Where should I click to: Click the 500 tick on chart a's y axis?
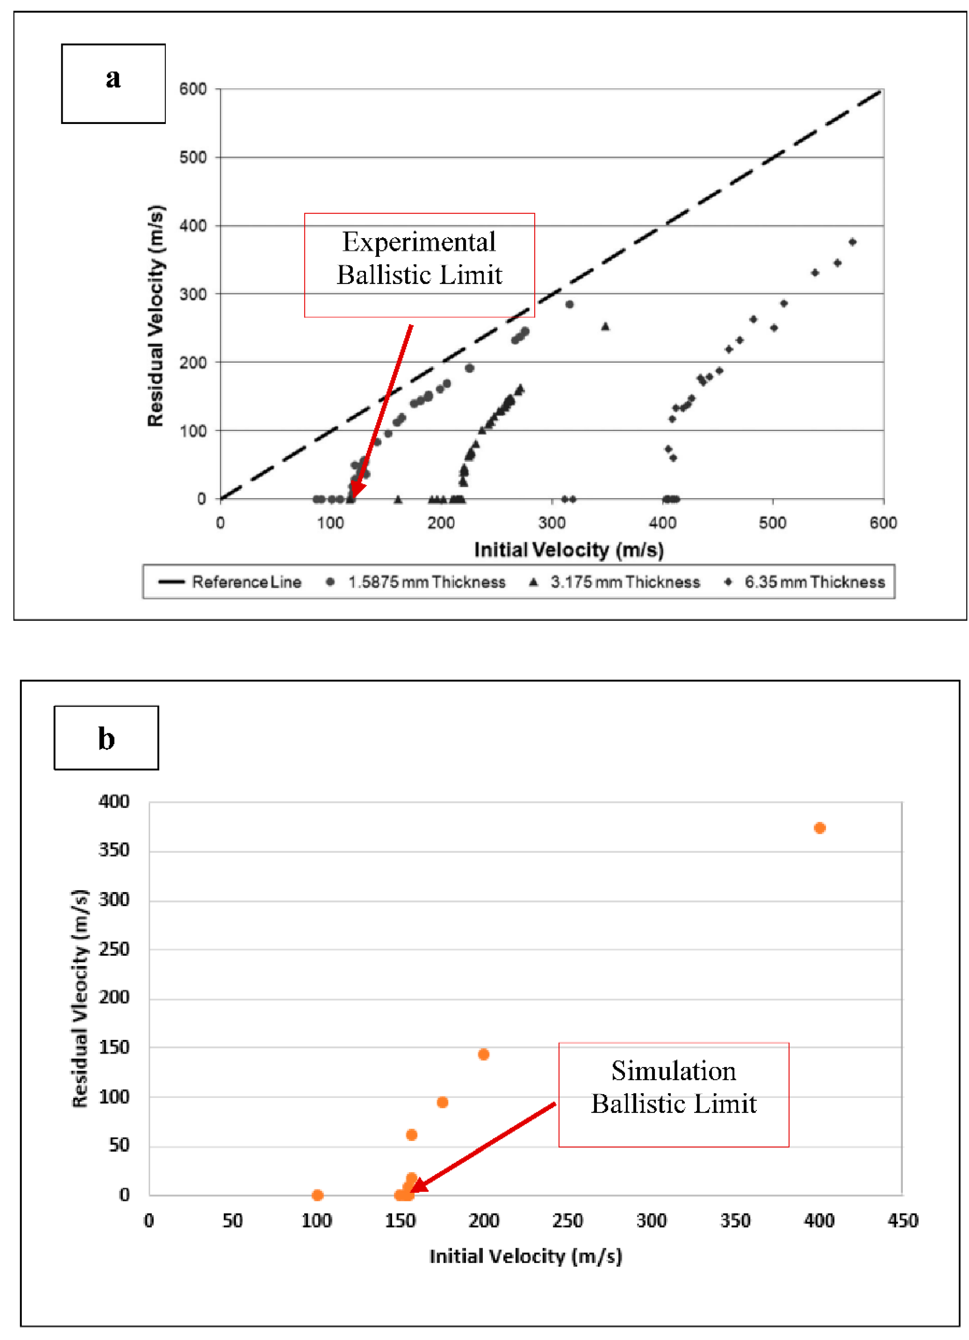coord(193,158)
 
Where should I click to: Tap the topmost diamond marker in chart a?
coord(852,242)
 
